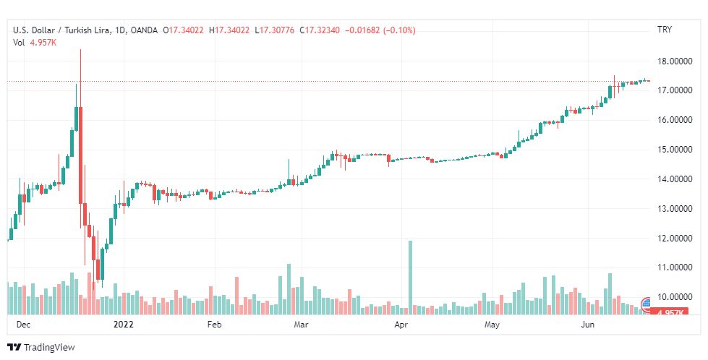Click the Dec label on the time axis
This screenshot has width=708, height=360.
click(23, 325)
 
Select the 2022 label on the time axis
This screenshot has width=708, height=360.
click(124, 325)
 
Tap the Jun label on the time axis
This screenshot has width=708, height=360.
click(589, 325)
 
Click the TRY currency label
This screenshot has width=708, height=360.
click(664, 30)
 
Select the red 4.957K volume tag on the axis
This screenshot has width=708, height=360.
click(669, 312)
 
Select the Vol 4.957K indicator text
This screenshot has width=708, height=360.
click(35, 42)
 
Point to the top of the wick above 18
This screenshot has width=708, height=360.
click(80, 49)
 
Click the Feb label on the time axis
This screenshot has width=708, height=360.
click(214, 325)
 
